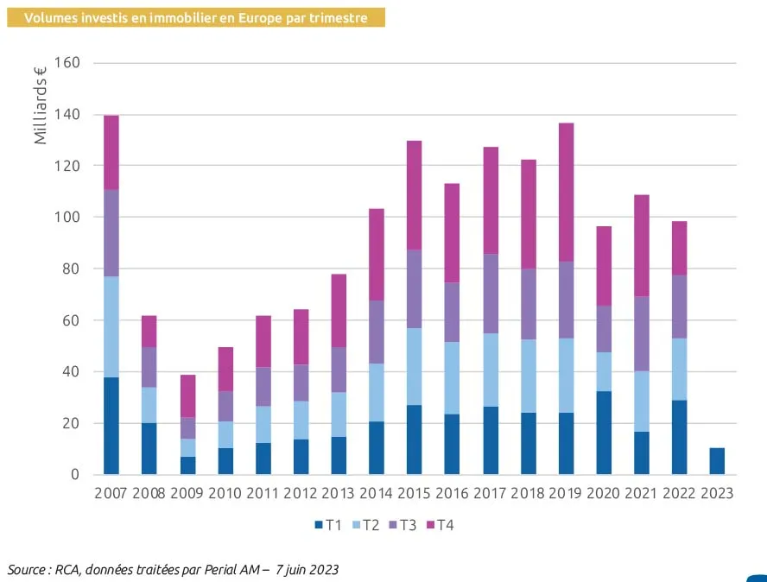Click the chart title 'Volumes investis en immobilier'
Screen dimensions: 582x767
click(196, 17)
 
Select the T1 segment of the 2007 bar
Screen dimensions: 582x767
click(111, 426)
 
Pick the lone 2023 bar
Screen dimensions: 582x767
click(717, 461)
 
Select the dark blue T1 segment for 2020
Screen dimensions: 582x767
click(604, 433)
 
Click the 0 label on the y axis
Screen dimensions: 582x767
click(75, 475)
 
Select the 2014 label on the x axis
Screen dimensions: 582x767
click(377, 494)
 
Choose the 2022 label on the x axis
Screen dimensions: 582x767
click(679, 494)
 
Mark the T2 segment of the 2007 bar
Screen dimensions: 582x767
click(111, 326)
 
